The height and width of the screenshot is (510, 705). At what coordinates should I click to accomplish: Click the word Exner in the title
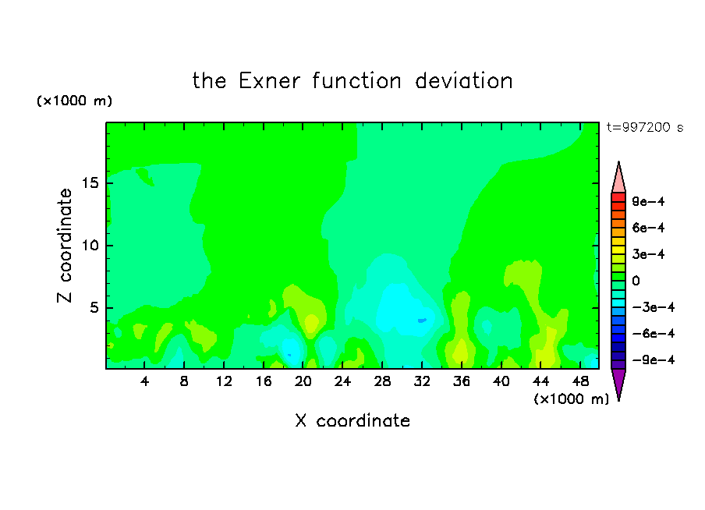(x=269, y=81)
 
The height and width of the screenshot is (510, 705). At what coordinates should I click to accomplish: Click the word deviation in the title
(x=463, y=81)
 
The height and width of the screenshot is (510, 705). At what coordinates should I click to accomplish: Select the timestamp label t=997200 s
(x=645, y=127)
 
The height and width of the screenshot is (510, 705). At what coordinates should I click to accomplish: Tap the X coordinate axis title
(x=352, y=420)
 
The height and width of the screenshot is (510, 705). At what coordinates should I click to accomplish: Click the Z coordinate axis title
(x=64, y=245)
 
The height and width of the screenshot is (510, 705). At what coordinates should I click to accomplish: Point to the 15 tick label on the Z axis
(x=90, y=183)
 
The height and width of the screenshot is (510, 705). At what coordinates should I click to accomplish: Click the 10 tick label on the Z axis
(x=90, y=245)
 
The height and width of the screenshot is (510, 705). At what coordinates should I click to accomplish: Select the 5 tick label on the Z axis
(x=94, y=307)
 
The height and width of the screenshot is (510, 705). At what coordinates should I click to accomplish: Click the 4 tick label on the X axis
(x=144, y=381)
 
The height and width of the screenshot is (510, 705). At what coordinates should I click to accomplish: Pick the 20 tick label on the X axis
(x=303, y=381)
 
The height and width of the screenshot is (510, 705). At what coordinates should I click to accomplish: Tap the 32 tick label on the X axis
(x=422, y=381)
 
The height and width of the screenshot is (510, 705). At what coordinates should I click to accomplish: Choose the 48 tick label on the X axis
(x=580, y=381)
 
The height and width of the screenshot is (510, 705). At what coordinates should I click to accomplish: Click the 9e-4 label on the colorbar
(x=648, y=201)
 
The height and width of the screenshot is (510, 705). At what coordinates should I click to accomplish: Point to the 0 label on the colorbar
(x=636, y=281)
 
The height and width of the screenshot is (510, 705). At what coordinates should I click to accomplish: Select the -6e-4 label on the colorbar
(x=654, y=333)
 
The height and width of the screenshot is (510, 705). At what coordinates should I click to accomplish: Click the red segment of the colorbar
(x=618, y=197)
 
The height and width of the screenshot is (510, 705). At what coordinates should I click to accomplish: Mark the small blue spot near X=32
(x=422, y=321)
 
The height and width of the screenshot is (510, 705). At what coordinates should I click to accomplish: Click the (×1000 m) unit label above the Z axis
(x=74, y=101)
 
